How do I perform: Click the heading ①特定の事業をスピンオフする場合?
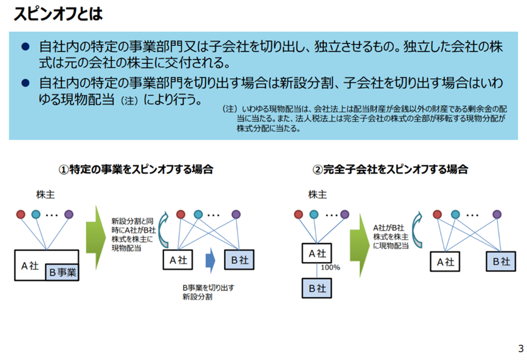(x=136, y=169)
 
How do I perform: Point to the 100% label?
(x=330, y=267)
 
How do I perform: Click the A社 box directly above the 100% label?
(x=317, y=253)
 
